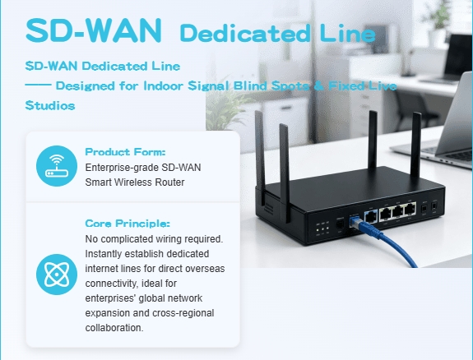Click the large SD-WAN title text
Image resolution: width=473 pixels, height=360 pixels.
94,30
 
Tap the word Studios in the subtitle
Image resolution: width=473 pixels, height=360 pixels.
50,106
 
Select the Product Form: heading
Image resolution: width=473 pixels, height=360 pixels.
125,152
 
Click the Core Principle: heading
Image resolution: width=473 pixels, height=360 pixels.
128,224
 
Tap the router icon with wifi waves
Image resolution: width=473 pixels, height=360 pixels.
57,166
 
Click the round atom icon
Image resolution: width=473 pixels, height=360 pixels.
57,275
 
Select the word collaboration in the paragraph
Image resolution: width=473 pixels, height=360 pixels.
114,328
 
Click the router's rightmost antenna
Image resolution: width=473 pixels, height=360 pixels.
416,145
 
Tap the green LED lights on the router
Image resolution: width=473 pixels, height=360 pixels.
322,230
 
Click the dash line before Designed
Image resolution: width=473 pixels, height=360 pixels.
38,85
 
